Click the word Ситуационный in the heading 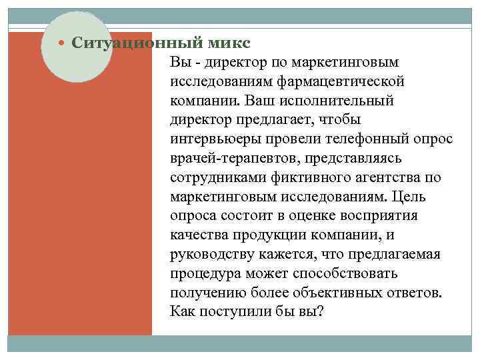[127, 43]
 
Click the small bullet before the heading [63, 44]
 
